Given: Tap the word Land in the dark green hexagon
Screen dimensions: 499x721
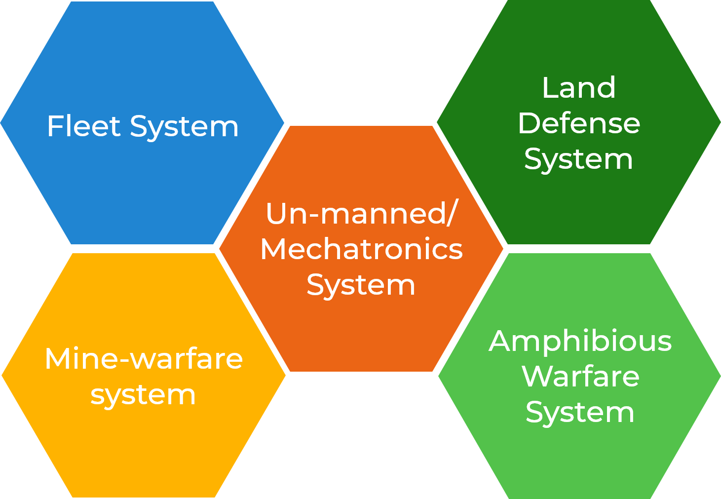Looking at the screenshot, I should pyautogui.click(x=578, y=88).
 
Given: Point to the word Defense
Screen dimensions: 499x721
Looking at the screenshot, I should pyautogui.click(x=578, y=123).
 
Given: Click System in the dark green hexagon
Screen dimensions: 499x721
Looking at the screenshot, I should pyautogui.click(x=578, y=160).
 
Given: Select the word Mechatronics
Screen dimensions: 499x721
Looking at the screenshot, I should pyautogui.click(x=361, y=249).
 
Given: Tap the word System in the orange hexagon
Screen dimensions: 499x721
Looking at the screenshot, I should pyautogui.click(x=361, y=286).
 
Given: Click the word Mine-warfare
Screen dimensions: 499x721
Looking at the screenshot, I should pyautogui.click(x=144, y=358).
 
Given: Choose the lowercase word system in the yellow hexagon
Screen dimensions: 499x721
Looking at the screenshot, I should pyautogui.click(x=143, y=395).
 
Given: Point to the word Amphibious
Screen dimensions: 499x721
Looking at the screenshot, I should pyautogui.click(x=580, y=341).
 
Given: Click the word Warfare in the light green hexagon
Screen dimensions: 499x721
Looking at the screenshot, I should pyautogui.click(x=580, y=377).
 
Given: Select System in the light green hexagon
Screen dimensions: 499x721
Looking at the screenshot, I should pyautogui.click(x=580, y=413).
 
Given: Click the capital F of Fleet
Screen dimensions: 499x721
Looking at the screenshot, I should pyautogui.click(x=54, y=126).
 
